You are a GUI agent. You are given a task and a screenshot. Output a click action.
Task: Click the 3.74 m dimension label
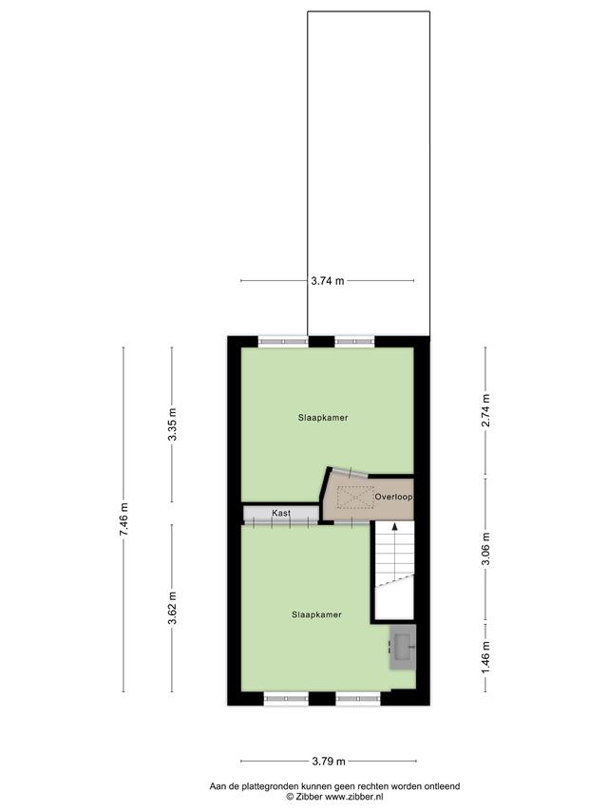coord(327,281)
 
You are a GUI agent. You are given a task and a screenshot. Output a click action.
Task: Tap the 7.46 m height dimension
coord(123,519)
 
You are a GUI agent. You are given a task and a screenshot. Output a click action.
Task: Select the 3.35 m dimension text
coord(173,424)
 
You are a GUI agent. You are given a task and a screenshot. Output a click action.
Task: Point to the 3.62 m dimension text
coord(173,608)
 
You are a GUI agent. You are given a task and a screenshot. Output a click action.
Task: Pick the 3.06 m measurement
coord(485,548)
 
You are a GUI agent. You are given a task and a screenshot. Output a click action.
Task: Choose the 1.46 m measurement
coord(485,656)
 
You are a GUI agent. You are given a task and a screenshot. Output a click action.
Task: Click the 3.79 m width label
coord(329,761)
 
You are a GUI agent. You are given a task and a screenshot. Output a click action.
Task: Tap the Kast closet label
coord(281,513)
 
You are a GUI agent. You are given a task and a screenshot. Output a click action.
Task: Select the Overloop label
coord(393,497)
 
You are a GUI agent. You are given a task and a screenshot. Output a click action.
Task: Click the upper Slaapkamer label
coord(323,418)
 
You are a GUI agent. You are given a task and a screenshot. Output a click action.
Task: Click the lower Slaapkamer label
coord(316,614)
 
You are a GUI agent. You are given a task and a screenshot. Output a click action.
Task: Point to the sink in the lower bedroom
coord(403,648)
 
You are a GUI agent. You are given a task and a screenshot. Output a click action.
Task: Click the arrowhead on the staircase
coord(395,527)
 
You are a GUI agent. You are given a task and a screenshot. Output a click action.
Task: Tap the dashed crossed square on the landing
coord(355,498)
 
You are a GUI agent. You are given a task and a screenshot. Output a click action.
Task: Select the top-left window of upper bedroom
coord(283,342)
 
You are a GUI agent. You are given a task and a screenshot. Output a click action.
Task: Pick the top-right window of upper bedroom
coord(354,342)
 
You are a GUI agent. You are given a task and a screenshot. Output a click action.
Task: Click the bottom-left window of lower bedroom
coord(286,699)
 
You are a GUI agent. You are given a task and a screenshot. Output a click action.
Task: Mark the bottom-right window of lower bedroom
coord(358,699)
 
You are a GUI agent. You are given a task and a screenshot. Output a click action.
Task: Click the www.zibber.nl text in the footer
coord(354,797)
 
